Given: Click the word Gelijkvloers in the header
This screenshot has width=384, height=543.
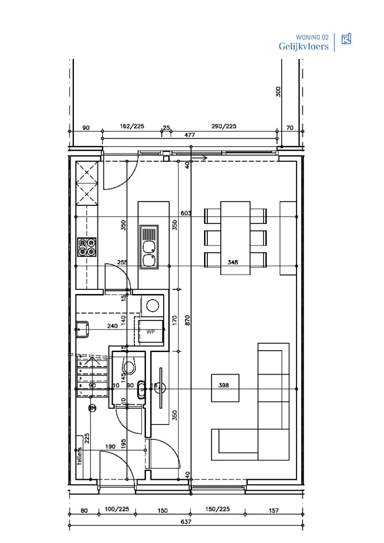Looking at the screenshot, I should [303, 46].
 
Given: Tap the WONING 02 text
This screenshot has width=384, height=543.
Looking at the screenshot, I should [312, 37].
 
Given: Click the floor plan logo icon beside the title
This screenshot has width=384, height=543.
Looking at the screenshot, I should [346, 39].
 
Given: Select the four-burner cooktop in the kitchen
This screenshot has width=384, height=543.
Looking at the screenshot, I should [87, 247].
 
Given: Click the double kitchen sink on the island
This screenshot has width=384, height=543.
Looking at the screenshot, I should [149, 247].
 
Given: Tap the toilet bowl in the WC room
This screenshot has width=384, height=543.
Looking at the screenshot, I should [129, 367].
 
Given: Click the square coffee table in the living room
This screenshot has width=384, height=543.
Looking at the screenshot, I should [225, 388].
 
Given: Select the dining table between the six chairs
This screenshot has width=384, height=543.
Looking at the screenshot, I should [235, 237].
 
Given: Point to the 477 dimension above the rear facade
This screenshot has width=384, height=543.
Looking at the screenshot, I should [190, 135].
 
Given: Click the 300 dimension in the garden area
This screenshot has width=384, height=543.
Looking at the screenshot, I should [278, 92].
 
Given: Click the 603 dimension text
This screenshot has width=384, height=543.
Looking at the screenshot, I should [186, 214].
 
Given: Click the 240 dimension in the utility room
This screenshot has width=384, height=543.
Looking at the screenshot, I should [112, 326].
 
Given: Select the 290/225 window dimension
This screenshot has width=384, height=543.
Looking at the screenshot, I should [225, 127].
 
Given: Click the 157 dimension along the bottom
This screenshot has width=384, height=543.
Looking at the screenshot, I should [273, 510].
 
